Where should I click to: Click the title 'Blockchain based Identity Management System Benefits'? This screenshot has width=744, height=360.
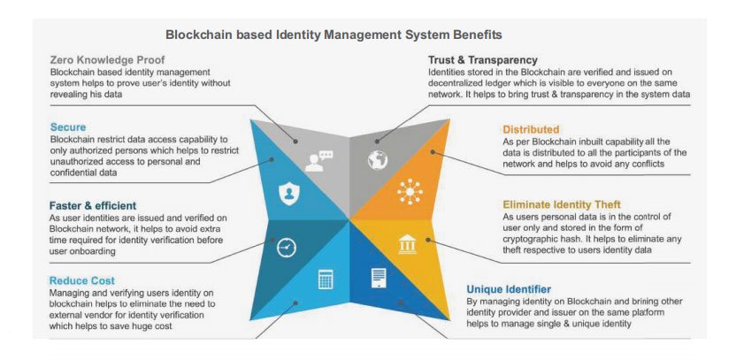334,34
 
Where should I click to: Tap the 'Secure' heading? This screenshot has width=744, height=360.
68,127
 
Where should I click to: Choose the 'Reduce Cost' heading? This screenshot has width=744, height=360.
81,280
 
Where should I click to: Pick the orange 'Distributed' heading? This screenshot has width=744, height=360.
531,129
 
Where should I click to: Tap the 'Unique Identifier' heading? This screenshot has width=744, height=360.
509,288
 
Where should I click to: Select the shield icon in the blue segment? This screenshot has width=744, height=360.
286,194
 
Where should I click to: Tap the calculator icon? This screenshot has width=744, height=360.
325,280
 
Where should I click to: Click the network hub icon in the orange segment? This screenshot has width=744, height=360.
410,191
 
